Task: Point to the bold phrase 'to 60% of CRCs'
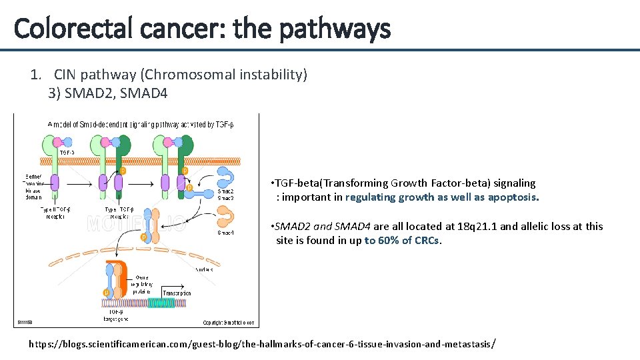402,241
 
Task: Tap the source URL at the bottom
262,344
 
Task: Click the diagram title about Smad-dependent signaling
140,123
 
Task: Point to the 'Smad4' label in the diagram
225,233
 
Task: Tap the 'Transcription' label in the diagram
177,293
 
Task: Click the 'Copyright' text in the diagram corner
228,323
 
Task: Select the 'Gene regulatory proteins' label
143,284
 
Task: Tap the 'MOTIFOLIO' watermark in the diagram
137,224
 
